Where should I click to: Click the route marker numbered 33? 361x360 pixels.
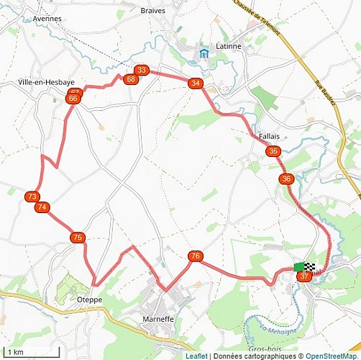coord(142,70)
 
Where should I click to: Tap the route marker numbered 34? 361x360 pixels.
coord(195,84)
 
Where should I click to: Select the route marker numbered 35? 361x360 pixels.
coord(273,151)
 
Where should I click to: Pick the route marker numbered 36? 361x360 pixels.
coord(287,179)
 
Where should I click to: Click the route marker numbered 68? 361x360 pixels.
coord(130,79)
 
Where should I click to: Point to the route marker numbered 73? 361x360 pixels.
coord(32,197)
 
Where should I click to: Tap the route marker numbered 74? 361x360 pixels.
coord(42,207)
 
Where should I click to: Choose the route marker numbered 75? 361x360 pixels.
coord(78,237)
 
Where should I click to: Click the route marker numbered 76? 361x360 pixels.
coord(195,256)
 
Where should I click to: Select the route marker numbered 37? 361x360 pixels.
coord(305,276)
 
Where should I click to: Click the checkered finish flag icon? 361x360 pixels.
coord(310,266)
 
